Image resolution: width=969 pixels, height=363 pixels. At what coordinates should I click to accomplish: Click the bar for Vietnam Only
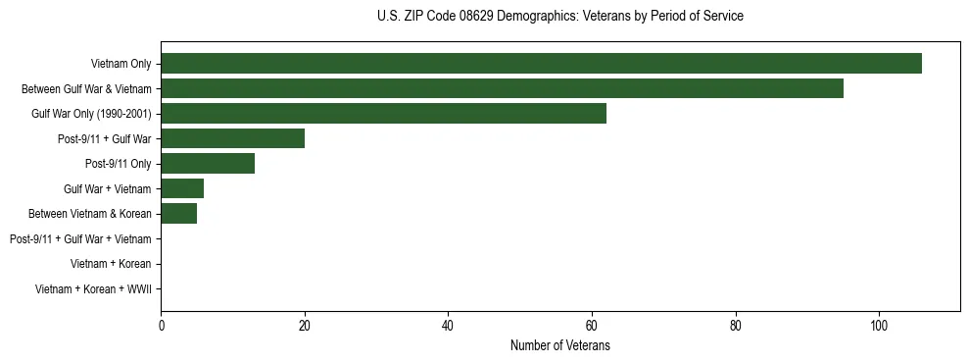coord(541,64)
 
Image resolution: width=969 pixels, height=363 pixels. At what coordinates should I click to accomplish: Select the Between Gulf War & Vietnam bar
coord(502,88)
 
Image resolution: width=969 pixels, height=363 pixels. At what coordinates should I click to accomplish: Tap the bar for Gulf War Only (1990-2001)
coord(383,114)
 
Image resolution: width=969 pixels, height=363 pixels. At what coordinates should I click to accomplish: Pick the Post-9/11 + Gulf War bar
coord(232,138)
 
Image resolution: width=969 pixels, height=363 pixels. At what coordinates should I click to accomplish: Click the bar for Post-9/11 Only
coord(208,164)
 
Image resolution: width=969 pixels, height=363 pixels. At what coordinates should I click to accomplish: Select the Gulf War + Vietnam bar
coord(182,188)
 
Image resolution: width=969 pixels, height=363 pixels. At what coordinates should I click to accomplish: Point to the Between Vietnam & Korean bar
coord(178,214)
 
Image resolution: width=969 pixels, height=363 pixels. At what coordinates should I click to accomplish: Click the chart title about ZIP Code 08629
coord(559,17)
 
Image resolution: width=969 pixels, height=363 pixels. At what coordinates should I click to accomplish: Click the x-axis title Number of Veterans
coord(559,345)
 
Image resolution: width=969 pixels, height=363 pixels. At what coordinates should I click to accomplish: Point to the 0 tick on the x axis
coord(161,326)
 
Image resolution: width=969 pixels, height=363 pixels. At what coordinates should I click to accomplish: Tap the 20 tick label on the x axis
coord(305,326)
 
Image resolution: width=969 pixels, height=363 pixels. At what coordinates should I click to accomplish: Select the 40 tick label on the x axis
coord(448,326)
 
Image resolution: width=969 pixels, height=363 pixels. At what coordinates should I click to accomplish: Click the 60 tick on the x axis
coord(592,326)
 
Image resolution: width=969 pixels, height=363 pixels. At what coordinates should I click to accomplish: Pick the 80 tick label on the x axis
coord(736,326)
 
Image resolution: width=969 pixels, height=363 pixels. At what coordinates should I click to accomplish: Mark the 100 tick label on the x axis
coord(879,326)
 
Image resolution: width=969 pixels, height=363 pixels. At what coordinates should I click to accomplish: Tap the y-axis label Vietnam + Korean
coord(111,264)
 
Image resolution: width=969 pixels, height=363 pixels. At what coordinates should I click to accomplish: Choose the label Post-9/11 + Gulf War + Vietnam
coord(80,239)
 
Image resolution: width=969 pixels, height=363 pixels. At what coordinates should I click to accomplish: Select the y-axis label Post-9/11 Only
coord(118,164)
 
